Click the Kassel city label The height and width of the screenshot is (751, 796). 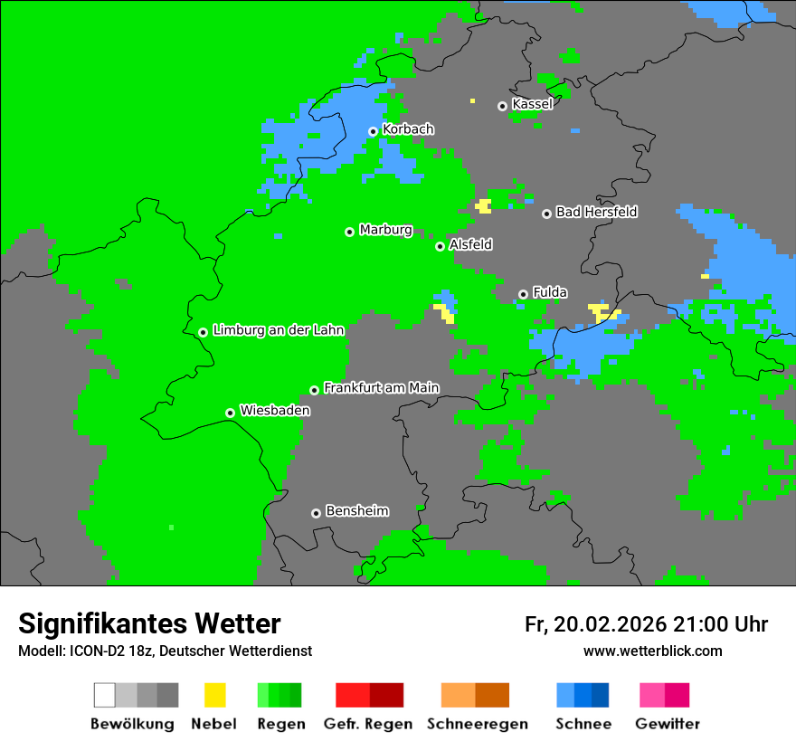point(532,104)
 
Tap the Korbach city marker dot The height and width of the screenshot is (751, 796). point(373,131)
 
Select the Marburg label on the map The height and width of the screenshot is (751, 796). point(385,230)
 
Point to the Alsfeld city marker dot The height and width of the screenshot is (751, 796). point(440,246)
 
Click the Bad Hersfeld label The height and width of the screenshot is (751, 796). point(596,212)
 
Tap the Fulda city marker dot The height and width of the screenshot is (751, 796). point(523,294)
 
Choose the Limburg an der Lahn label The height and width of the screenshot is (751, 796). point(278,330)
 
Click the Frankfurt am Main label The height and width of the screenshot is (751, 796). point(381,388)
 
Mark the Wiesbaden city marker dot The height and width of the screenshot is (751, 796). point(230,413)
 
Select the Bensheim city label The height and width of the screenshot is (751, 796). point(356,511)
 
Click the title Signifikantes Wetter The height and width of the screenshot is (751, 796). point(149,624)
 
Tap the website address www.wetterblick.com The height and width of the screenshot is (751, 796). point(652,651)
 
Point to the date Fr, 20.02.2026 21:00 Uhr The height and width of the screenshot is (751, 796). point(646,624)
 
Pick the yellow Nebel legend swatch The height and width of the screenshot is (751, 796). point(214,695)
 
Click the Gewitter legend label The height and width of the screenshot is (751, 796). point(668,724)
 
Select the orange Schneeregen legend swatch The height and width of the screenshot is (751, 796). point(475,695)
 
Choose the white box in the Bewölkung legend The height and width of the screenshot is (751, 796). point(105,695)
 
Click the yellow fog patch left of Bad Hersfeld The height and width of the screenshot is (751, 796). point(484,206)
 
